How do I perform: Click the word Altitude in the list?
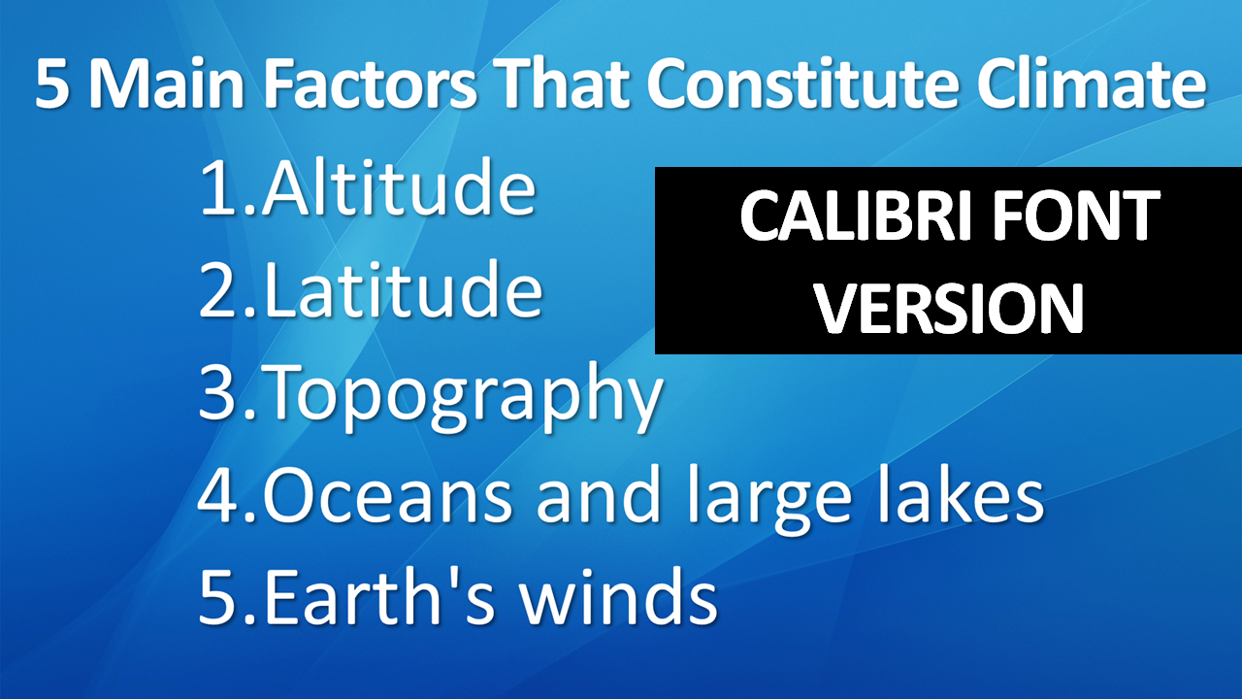point(399,187)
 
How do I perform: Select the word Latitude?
point(403,289)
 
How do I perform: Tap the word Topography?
point(464,395)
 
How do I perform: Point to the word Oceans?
point(387,494)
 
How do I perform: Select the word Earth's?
point(378,596)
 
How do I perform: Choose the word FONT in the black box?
point(1075,216)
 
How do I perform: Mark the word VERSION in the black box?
point(950,308)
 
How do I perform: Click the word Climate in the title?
point(1092,83)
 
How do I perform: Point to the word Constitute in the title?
point(802,83)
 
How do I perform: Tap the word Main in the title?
point(166,83)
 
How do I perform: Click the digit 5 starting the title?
point(52,84)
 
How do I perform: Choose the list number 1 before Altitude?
point(218,187)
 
